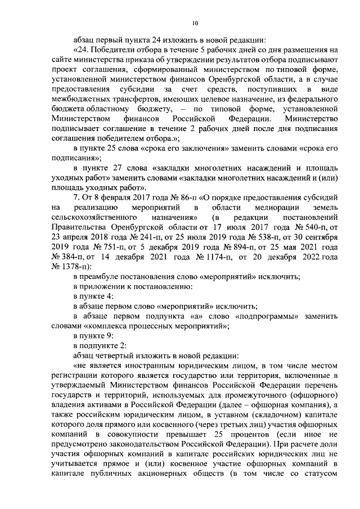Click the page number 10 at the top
pos(195,23)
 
